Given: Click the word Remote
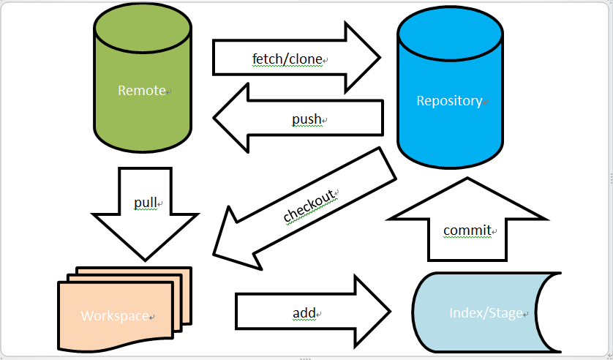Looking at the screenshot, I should click(x=142, y=91).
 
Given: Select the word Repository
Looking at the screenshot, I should click(x=449, y=101).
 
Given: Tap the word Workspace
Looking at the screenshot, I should click(x=114, y=316).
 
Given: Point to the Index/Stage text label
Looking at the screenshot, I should click(x=486, y=313).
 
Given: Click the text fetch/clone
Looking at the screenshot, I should click(x=287, y=59).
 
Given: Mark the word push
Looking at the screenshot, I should click(x=306, y=119).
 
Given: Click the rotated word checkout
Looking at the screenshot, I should click(x=310, y=206).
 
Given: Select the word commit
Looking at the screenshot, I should click(x=467, y=230).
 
